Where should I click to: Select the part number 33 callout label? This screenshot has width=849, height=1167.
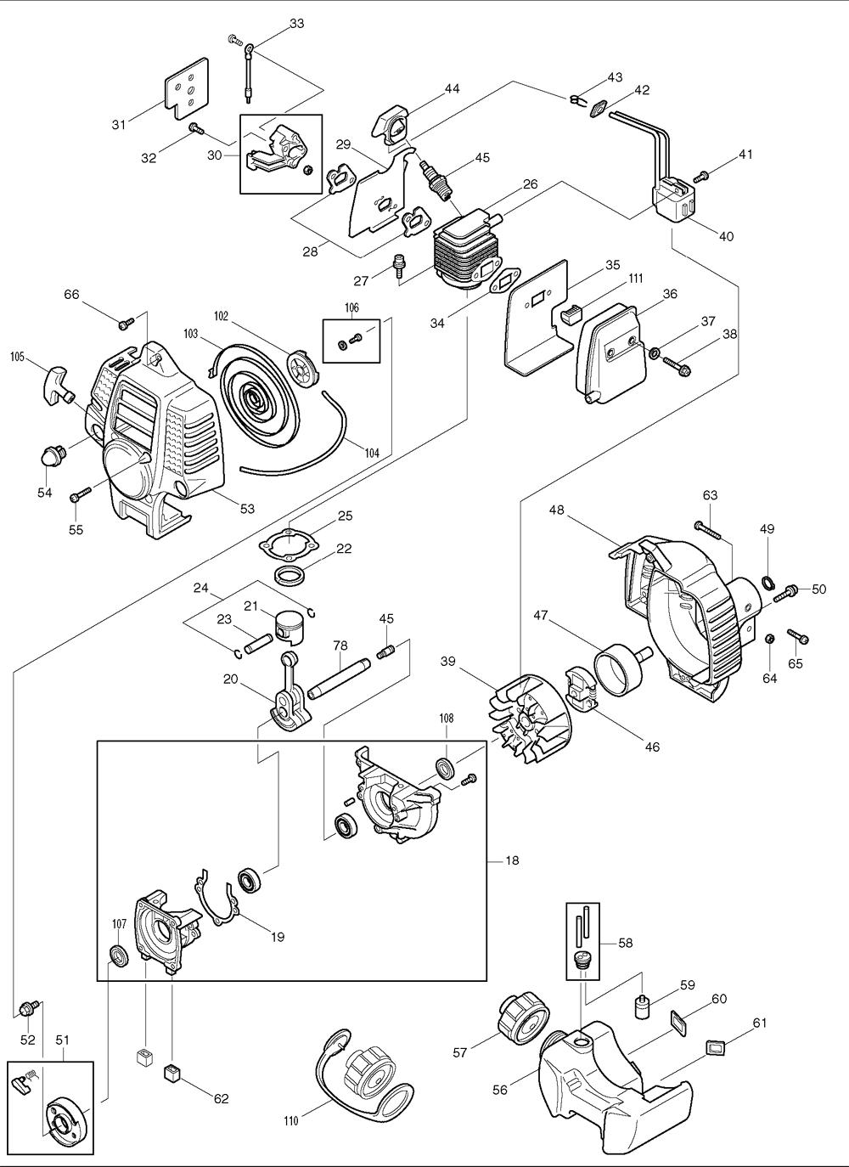pyautogui.click(x=296, y=24)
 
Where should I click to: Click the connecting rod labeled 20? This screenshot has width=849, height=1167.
pyautogui.click(x=287, y=692)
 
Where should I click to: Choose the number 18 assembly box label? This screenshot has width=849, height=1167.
pyautogui.click(x=512, y=860)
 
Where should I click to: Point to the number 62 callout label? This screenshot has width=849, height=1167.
pyautogui.click(x=222, y=1099)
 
